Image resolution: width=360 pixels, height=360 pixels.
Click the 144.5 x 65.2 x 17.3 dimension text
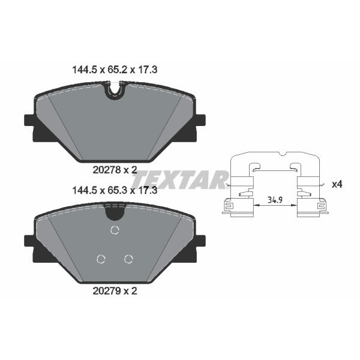pyautogui.click(x=115, y=70)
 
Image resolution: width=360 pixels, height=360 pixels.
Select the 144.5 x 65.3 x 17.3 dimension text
pyautogui.click(x=115, y=191)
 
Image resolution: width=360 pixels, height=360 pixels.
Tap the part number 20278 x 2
pyautogui.click(x=115, y=170)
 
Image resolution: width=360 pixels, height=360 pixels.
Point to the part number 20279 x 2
pyautogui.click(x=115, y=291)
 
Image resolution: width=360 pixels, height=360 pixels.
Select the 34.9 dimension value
pyautogui.click(x=275, y=200)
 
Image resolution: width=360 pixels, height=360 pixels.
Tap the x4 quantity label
pyautogui.click(x=337, y=184)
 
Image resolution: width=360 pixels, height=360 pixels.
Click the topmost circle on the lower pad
pyautogui.click(x=115, y=230)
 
